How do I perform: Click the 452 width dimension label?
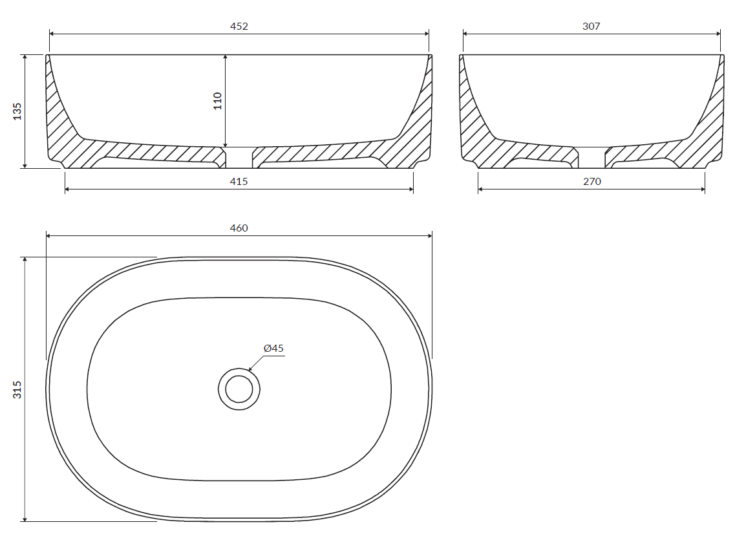click(239, 27)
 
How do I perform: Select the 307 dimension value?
click(591, 27)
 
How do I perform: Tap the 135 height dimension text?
click(17, 112)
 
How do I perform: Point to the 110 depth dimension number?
click(217, 101)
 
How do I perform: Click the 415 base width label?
click(239, 182)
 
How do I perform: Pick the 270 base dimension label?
click(591, 182)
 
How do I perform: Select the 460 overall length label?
click(239, 228)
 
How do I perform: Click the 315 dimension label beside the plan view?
click(17, 389)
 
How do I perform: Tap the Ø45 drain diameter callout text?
click(273, 349)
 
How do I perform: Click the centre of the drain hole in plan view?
click(239, 389)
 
